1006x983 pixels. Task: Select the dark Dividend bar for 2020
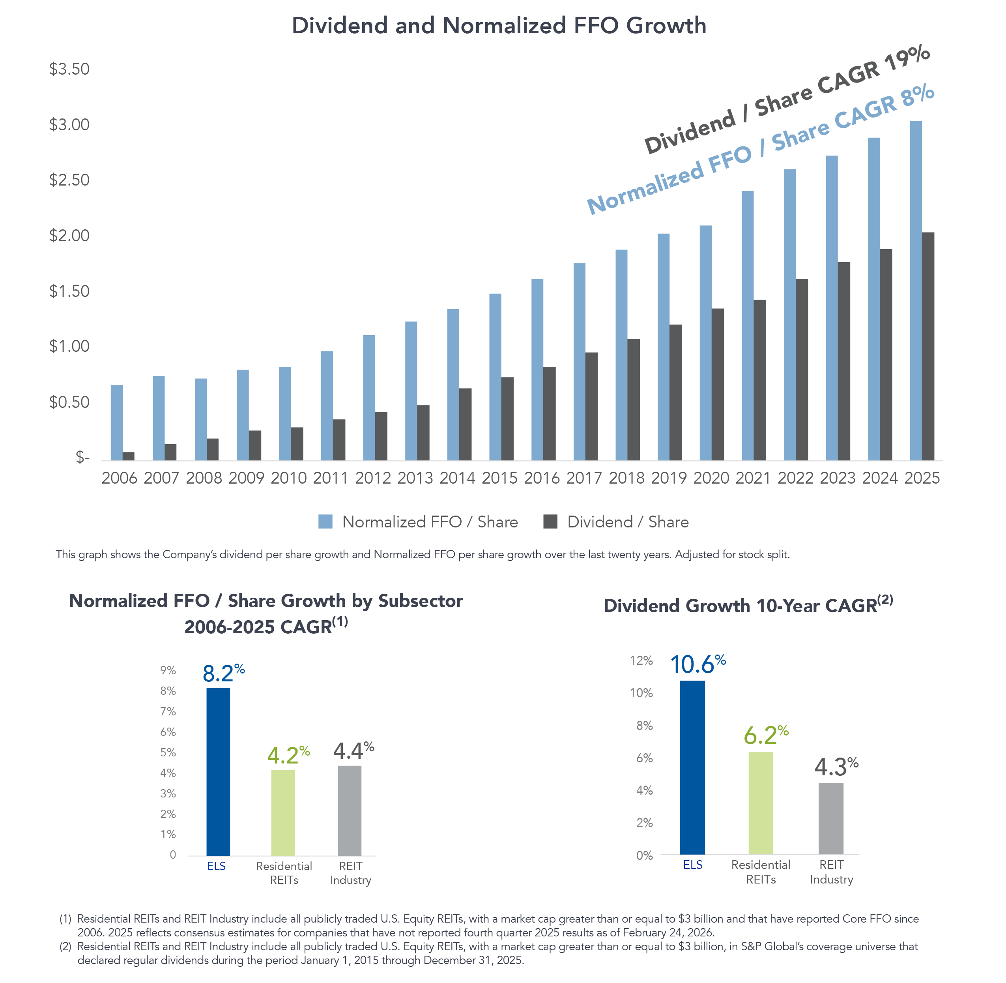(x=717, y=385)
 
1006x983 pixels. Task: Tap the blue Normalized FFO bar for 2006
(x=117, y=423)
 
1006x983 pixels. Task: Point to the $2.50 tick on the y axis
(x=69, y=180)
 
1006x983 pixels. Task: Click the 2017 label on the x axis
(x=583, y=478)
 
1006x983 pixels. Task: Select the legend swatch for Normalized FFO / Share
(x=325, y=522)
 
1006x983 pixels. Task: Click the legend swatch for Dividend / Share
(x=550, y=522)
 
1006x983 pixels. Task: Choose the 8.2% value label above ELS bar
(x=223, y=673)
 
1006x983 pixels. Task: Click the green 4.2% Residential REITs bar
(x=283, y=813)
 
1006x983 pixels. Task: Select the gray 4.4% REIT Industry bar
(x=349, y=810)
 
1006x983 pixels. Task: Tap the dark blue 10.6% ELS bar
(x=692, y=768)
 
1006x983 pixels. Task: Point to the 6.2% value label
(x=766, y=735)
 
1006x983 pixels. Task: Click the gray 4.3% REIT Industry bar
(x=830, y=819)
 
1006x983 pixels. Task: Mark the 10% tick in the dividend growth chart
(x=641, y=693)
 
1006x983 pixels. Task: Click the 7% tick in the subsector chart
(x=168, y=711)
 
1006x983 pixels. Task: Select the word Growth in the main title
(x=666, y=26)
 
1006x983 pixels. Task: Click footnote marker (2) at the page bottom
(x=65, y=946)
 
